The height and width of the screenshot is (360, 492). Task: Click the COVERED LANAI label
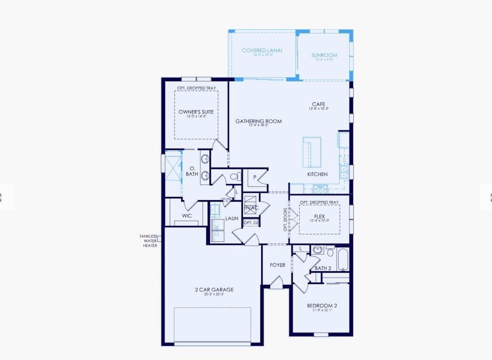click(262, 50)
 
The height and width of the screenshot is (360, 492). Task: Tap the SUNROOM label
click(324, 55)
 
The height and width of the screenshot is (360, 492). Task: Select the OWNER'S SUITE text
click(196, 112)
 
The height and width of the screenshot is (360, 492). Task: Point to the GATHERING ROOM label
click(258, 121)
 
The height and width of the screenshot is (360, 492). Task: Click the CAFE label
click(318, 104)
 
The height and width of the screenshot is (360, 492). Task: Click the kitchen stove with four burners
click(319, 189)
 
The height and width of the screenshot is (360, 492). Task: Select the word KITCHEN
click(317, 174)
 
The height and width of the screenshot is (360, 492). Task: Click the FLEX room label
click(319, 216)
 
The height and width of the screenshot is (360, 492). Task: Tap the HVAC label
click(251, 208)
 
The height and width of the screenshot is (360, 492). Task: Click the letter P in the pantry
click(254, 177)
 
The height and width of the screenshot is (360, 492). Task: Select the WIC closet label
click(187, 216)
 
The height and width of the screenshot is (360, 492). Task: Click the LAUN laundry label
click(231, 218)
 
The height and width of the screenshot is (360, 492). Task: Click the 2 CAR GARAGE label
click(214, 289)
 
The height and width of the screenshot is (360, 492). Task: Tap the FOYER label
click(277, 265)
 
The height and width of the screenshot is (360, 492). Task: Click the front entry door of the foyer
click(276, 283)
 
